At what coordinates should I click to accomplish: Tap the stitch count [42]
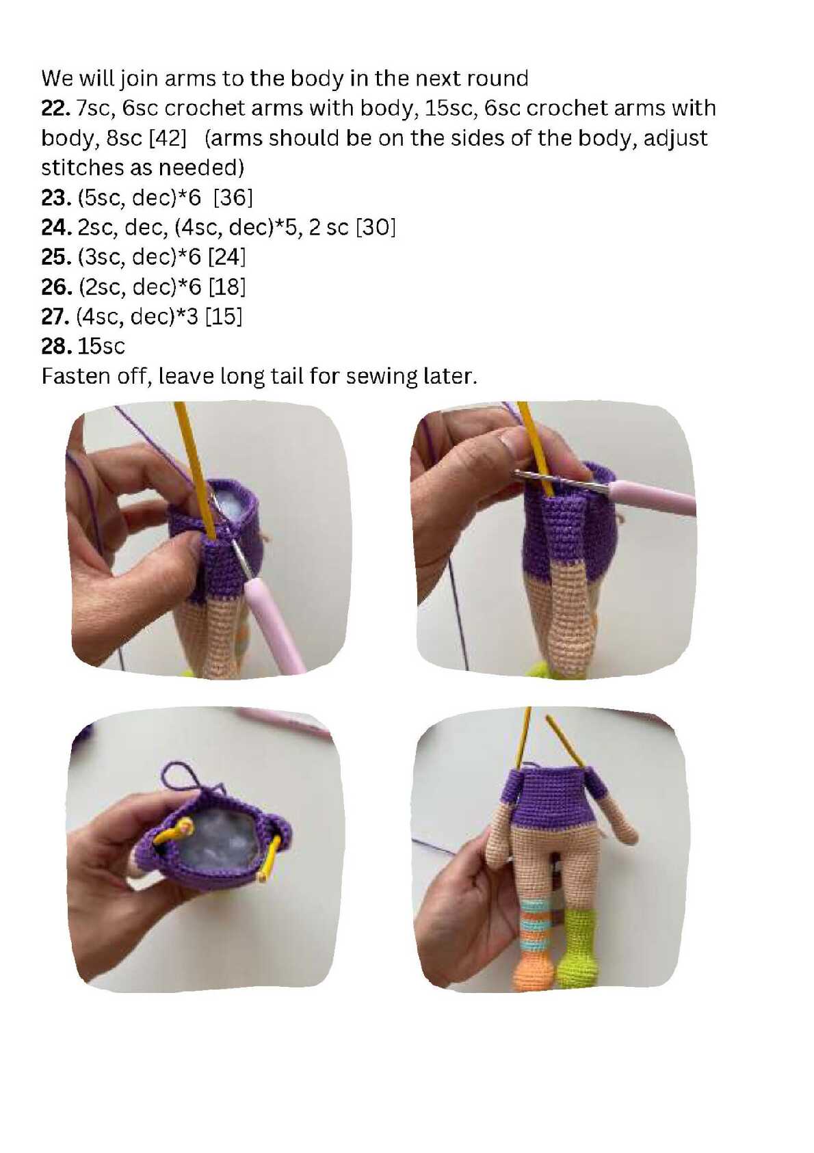(168, 138)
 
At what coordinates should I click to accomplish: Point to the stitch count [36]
(233, 197)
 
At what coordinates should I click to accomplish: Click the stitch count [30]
(376, 227)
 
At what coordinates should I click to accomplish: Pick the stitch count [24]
(226, 257)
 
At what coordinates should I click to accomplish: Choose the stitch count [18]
(226, 287)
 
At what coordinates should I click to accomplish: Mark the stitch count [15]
(224, 316)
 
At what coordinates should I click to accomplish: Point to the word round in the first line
(497, 78)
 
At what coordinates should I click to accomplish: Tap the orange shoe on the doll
(535, 970)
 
